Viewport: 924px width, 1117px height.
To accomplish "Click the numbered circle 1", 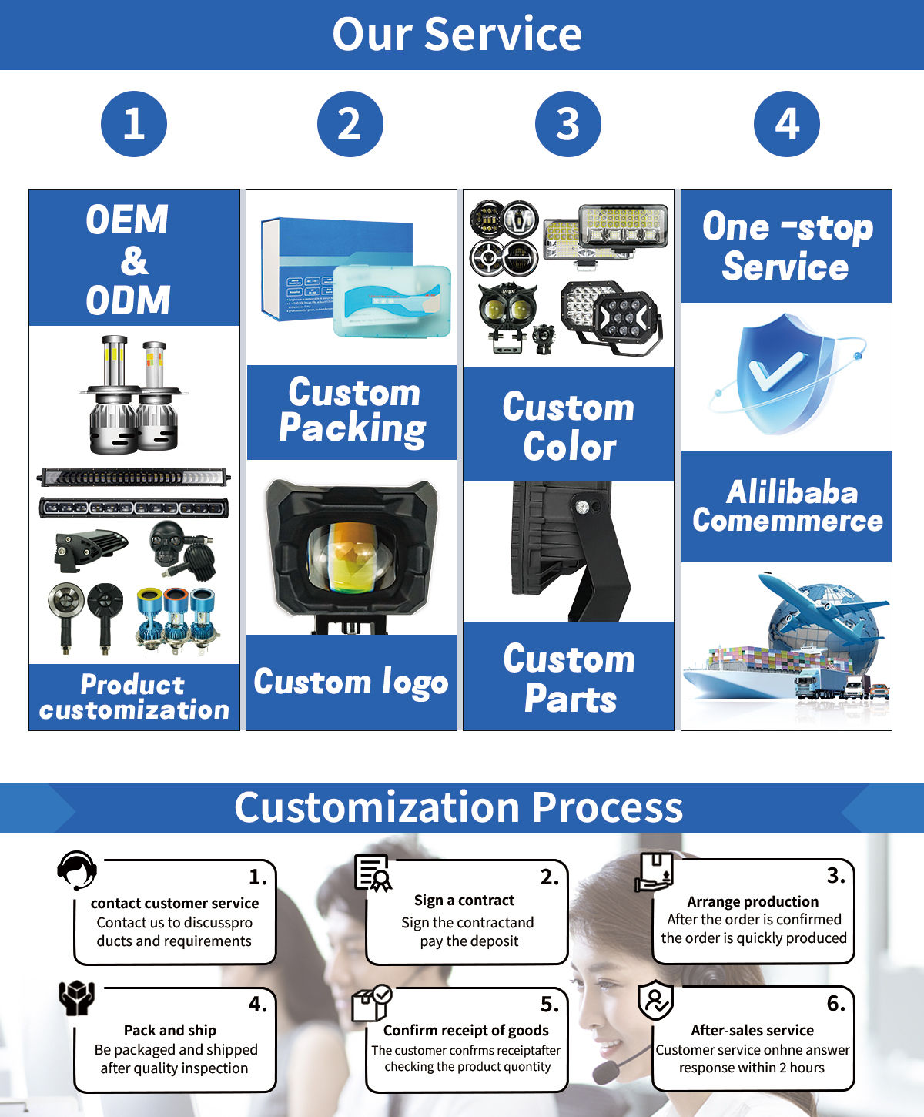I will click(x=134, y=124).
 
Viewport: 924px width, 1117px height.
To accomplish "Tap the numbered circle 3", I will click(x=568, y=124).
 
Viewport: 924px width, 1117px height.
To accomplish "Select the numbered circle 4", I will click(x=786, y=124).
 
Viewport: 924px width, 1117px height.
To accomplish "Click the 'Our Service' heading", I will click(x=457, y=35).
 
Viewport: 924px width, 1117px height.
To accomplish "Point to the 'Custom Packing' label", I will click(x=352, y=411).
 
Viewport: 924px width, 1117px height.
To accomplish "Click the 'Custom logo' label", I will click(x=351, y=683).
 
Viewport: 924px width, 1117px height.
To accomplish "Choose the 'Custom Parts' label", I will click(x=569, y=678).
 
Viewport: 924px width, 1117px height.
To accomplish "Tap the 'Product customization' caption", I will click(x=134, y=696).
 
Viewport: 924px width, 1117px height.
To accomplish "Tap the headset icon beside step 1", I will click(x=76, y=870).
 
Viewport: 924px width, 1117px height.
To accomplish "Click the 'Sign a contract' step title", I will click(x=464, y=900).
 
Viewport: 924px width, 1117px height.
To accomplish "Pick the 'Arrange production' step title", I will click(x=752, y=901).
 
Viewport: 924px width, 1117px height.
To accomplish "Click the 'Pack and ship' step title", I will click(x=170, y=1030).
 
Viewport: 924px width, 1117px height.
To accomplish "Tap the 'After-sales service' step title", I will click(x=752, y=1030).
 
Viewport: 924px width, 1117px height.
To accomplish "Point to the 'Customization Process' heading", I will click(x=459, y=807).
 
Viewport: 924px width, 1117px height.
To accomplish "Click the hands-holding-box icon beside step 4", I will click(x=76, y=998).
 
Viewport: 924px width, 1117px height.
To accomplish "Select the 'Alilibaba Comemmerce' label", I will click(x=787, y=506).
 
